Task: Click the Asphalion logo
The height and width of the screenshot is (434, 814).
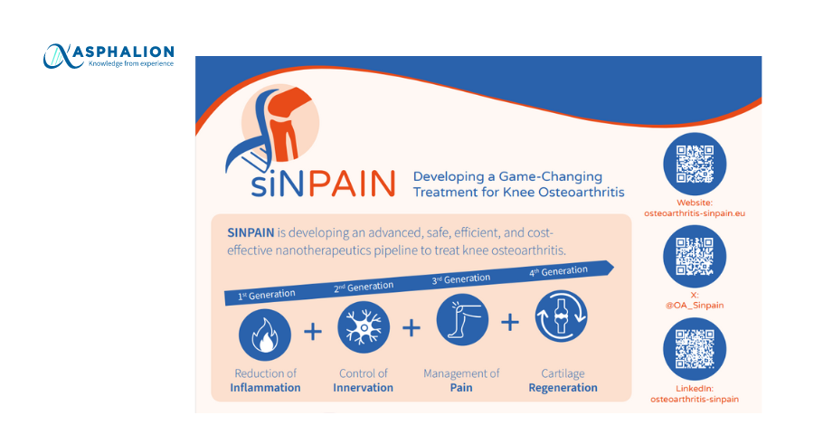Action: [109, 56]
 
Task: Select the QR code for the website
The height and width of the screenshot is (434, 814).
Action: [695, 164]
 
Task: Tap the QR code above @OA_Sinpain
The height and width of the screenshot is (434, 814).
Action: [695, 257]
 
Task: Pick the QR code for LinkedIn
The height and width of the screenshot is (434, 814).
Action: [695, 349]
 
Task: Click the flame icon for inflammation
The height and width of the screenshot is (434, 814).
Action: [265, 335]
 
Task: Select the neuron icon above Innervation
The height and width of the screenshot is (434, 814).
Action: [364, 327]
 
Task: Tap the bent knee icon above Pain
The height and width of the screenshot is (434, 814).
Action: [462, 320]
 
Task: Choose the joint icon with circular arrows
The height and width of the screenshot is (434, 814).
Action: [561, 316]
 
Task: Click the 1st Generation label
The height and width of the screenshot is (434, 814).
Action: [266, 295]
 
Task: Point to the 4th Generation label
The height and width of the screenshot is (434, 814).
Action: [558, 271]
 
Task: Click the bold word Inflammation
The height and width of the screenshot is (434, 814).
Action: [265, 388]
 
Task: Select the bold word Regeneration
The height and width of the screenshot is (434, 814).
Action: [563, 388]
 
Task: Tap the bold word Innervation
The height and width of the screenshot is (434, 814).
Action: [363, 388]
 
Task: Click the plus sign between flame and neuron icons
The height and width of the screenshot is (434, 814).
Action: [313, 331]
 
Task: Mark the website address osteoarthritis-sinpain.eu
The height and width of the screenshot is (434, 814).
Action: [695, 213]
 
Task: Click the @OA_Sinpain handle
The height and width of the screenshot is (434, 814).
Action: [695, 306]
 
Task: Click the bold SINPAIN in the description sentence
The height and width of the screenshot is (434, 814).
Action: [251, 232]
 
